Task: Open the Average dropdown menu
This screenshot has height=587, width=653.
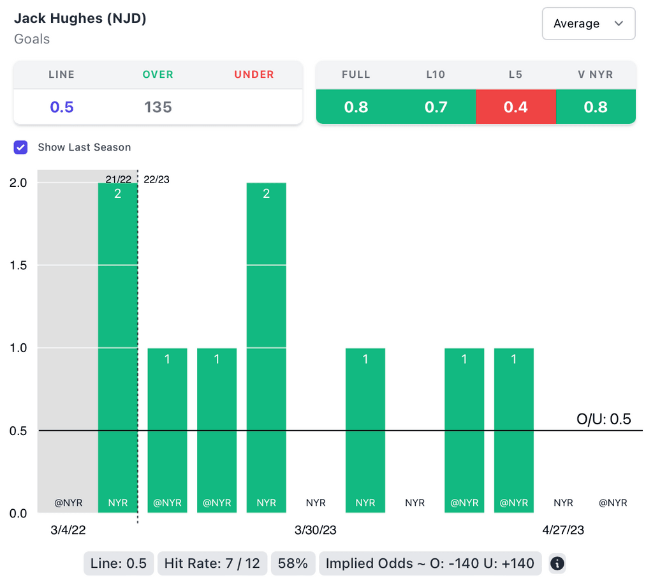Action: [x=588, y=24]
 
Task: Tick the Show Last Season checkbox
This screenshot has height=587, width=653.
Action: [x=21, y=147]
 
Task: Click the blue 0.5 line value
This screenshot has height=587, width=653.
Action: [x=62, y=107]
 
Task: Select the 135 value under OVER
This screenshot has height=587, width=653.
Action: [x=158, y=107]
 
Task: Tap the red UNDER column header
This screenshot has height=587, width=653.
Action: [x=254, y=75]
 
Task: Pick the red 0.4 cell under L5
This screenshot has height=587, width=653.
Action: [x=515, y=107]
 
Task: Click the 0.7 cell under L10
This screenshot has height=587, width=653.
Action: [x=436, y=107]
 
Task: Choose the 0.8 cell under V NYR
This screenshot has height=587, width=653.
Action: [x=596, y=107]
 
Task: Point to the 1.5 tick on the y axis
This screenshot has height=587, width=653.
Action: [x=18, y=265]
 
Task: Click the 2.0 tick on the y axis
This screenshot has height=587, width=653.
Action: [x=18, y=182]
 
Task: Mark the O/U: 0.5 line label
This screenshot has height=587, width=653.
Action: [x=603, y=419]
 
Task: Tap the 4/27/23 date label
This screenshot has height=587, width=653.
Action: [x=563, y=530]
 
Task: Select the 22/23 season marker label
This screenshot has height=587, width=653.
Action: [x=157, y=179]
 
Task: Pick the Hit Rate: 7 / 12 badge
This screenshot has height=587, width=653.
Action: [x=212, y=563]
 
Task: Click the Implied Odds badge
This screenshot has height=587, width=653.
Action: [x=430, y=563]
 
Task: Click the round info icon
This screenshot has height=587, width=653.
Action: [x=557, y=563]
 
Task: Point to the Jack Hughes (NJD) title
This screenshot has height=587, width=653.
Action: [x=80, y=19]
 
